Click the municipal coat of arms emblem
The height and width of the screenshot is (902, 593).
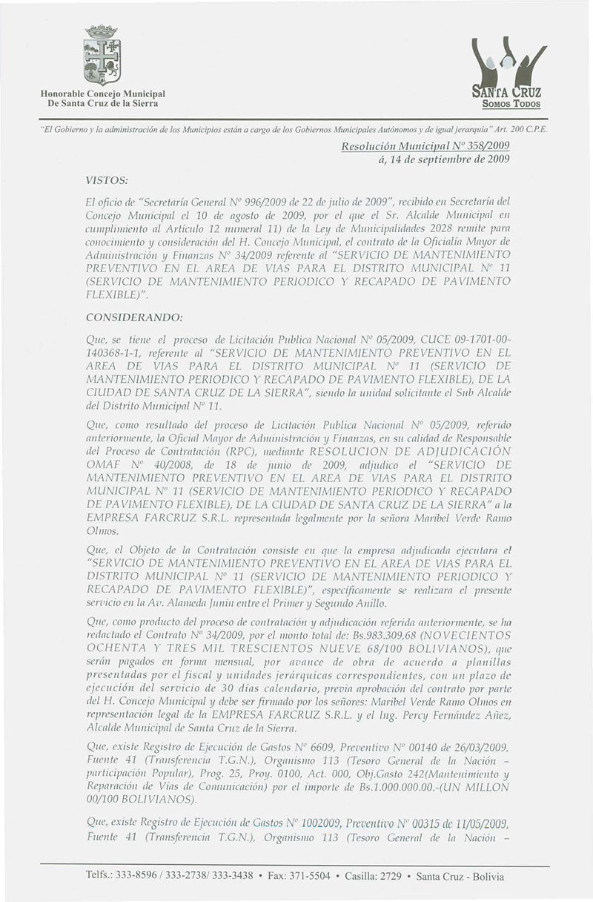click(102, 57)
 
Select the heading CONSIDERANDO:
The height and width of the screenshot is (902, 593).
click(136, 317)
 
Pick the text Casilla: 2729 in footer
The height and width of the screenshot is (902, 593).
click(368, 876)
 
